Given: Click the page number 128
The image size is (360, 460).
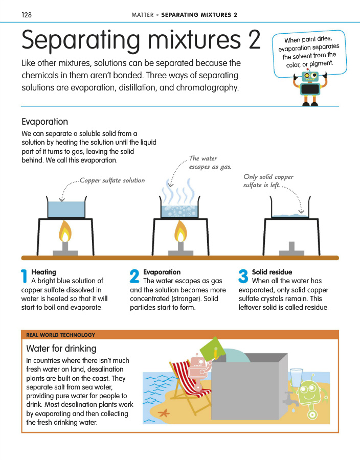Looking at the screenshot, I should coord(27,15).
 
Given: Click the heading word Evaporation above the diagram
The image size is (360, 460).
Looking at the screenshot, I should coord(44,122).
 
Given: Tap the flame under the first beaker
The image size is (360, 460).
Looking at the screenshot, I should coord(65,232).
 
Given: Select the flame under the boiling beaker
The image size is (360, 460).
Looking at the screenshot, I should coord(180,232).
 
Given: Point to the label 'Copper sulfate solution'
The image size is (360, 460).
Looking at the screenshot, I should coord(112,180).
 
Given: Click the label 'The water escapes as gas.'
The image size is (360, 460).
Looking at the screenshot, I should coord(210,163).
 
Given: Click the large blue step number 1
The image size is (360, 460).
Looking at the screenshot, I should coord(24,277).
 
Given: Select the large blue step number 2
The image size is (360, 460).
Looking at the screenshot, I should coord(134,277).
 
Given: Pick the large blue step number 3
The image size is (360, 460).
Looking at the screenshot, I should coord(243,277).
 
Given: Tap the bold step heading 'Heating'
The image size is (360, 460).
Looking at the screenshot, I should coord(44,272).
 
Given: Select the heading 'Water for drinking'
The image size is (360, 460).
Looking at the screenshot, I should coord(61,349).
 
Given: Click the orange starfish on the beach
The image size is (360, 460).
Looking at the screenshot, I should coord(165,412).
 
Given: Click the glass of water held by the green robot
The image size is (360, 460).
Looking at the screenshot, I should coord(296,377).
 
